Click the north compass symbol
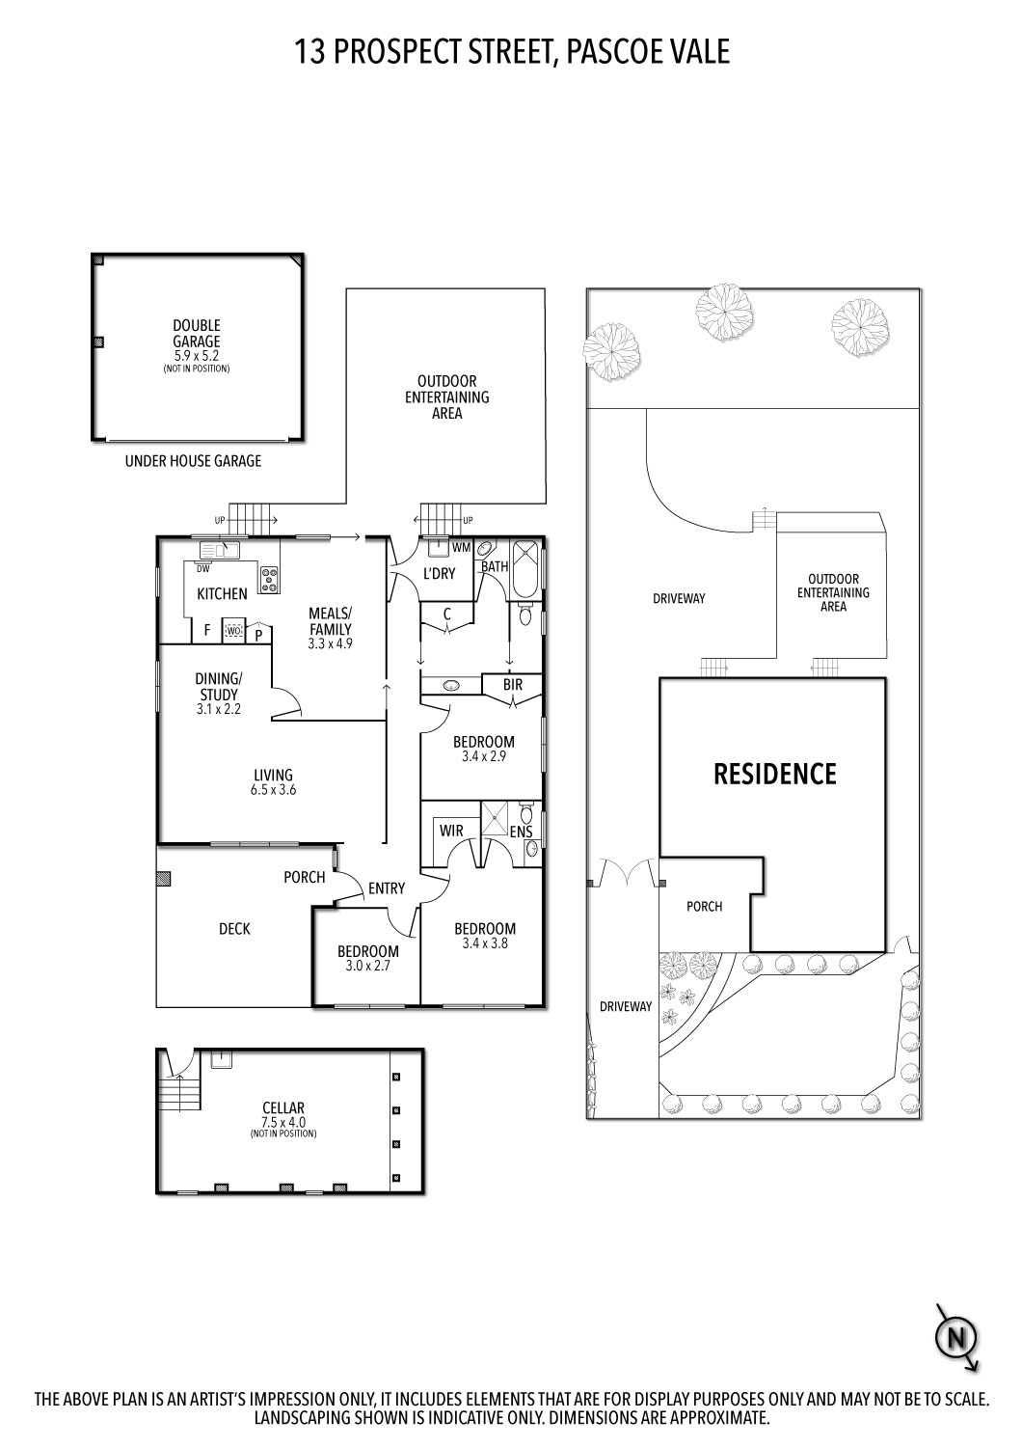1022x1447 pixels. pos(956,1336)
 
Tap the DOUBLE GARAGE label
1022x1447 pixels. pos(197,334)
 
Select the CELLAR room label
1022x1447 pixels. pos(283,1107)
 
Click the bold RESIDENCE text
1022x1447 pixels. pos(775,774)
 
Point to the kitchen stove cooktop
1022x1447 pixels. pos(269,580)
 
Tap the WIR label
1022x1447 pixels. pos(451,831)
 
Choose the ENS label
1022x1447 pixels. pos(521,833)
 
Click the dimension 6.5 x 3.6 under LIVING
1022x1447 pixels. pos(273,789)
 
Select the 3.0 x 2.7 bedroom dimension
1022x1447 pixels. pos(368,966)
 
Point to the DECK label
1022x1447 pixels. pos(234,928)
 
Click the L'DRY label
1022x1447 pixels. pos(439,573)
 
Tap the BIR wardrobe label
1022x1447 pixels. pos(513,684)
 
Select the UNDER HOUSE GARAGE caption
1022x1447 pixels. pos(193,460)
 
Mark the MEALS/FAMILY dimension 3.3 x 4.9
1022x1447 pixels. pos(330,643)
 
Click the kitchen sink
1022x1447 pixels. pos(220,551)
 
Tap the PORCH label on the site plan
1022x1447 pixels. pos(705,907)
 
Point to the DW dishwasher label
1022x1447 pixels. pos(202,569)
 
